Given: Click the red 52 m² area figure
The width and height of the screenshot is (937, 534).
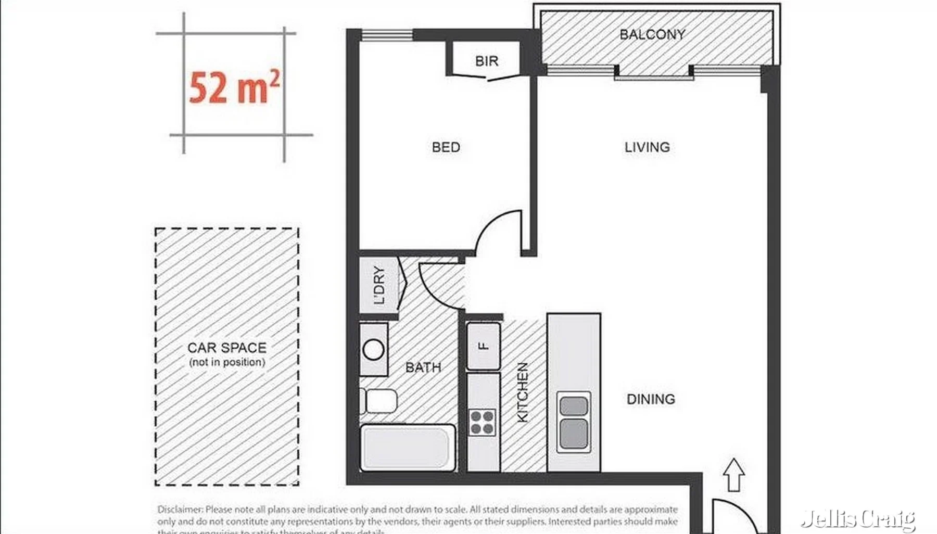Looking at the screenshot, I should coord(234,87).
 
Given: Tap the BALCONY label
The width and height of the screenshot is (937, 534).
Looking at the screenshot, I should coord(652,35).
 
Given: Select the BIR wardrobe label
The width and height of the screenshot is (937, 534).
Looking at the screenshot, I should coord(487,61).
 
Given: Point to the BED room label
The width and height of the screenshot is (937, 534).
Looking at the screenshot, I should coord(446,147).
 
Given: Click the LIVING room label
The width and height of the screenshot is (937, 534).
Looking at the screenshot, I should coord(647,147).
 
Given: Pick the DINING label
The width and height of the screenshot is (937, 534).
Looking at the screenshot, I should coord(651,399).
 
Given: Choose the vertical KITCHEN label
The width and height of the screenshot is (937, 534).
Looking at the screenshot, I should coord(522,392).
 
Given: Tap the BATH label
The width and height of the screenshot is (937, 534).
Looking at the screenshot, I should coord(423,367).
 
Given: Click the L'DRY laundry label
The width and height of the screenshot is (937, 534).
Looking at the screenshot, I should coord(379,285).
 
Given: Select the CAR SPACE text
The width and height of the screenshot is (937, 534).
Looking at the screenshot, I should coord(227,348).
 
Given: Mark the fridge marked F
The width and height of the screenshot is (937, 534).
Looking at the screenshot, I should coord(484,346).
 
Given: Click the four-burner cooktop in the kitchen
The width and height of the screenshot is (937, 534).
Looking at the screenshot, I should coord(482,422).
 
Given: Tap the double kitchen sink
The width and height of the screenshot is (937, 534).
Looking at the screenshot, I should coord(574,421).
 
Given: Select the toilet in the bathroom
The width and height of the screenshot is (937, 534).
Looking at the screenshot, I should coord(380,401).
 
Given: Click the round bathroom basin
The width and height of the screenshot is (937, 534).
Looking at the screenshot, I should coord(373,350).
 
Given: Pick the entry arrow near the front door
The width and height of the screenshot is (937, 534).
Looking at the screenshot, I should coord(733,474).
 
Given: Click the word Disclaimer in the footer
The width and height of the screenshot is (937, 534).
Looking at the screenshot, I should coord(180,510).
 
